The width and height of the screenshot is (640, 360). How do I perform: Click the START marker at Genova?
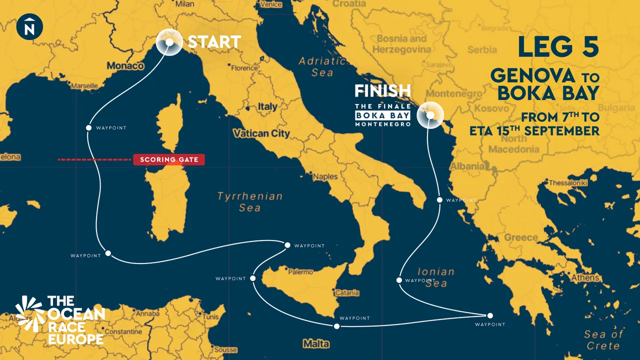point(169,42)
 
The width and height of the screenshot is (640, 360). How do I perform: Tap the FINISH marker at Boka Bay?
point(429,115)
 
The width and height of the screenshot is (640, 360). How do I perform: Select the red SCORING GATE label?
point(169,160)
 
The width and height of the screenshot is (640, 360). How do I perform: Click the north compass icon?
point(29,26)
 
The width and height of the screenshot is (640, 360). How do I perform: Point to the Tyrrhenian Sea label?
point(249,201)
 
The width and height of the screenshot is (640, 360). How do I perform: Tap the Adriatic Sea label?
point(322,66)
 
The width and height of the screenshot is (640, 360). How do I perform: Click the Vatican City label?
point(261,133)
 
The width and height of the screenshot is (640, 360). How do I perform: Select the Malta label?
point(316,344)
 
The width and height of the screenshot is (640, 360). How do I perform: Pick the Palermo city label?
point(300,272)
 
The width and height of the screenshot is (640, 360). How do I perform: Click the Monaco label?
point(126,66)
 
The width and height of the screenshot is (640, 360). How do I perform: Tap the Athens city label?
point(585,277)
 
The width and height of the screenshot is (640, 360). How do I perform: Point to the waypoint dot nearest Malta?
point(336,326)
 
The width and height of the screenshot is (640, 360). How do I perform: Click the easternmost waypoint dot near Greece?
point(490,315)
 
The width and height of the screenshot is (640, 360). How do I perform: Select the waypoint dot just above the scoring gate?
point(88,127)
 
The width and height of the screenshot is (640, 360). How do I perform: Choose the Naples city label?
point(325,176)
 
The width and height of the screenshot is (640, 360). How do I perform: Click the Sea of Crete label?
point(603,340)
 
